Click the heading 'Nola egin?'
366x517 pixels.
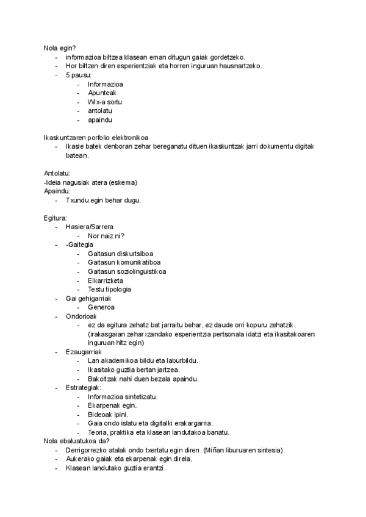tap(64, 48)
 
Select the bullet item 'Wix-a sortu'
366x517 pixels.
tap(105, 102)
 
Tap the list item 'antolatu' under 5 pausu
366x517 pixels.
tap(100, 111)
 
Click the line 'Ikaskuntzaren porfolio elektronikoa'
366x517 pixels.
tap(96, 137)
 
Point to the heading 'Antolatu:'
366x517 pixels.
tap(57, 174)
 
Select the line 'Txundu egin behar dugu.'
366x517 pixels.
tap(104, 201)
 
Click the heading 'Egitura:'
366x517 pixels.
tap(56, 218)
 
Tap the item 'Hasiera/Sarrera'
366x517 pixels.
tap(89, 227)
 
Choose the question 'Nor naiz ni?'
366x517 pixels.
tap(107, 236)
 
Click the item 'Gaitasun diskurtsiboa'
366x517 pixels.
tap(121, 254)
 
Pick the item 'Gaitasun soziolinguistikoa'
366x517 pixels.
tap(127, 271)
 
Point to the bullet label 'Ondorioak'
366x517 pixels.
tap(81, 316)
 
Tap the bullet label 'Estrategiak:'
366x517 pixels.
tap(84, 388)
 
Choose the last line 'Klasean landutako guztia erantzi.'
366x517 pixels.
tap(116, 468)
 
